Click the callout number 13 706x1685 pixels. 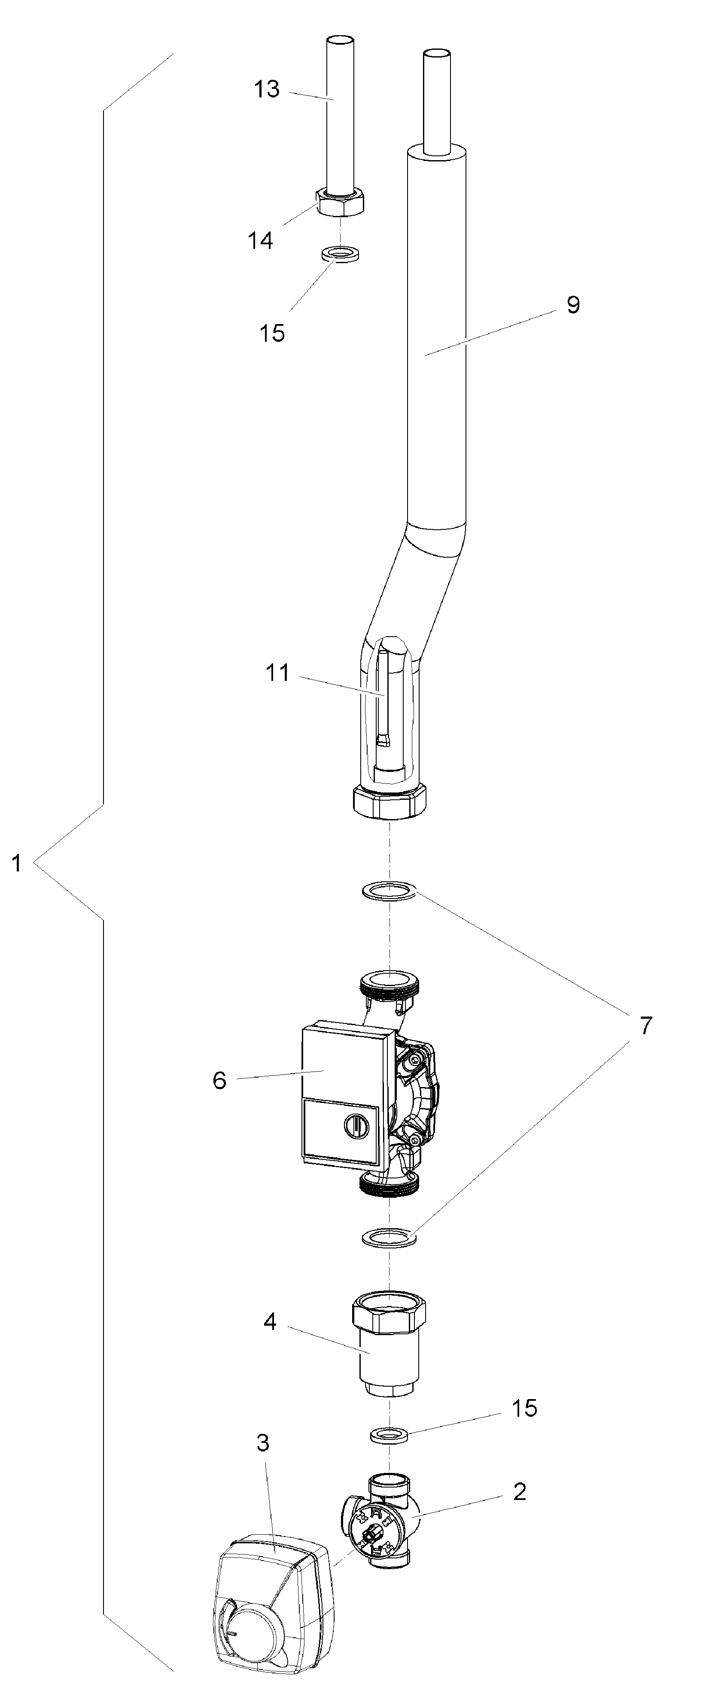tap(267, 89)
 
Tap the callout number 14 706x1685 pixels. tap(260, 241)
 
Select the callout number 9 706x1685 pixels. tap(573, 305)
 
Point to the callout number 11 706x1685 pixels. tap(277, 672)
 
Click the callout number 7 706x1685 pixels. tap(646, 1026)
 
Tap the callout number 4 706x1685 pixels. tap(270, 1321)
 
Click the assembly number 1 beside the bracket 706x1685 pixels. tap(17, 863)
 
